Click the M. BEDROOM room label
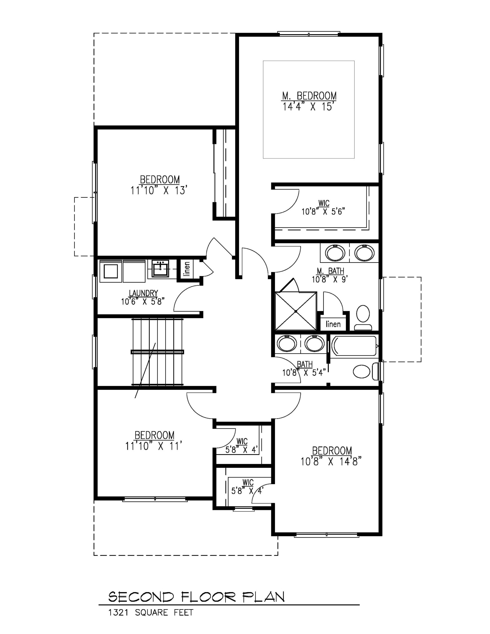coord(309,96)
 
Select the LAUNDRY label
coord(143,293)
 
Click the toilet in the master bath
coord(363,317)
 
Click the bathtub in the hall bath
coord(354,346)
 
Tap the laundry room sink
coord(160,268)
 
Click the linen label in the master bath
coord(333,324)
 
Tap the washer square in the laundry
coord(110,271)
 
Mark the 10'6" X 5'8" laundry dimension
coord(143,301)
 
